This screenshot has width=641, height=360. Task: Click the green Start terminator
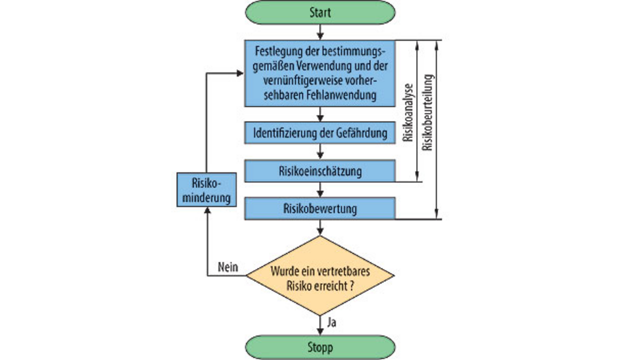click(320, 12)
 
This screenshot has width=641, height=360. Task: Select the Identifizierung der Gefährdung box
click(320, 133)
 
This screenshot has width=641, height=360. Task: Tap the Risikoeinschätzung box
click(320, 171)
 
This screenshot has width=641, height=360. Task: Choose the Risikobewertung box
click(320, 208)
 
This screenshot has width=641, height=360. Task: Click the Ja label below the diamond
click(332, 322)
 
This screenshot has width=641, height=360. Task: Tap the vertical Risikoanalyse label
click(409, 111)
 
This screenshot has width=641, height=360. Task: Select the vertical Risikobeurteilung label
click(427, 113)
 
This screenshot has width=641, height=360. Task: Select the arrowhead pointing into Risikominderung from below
click(207, 211)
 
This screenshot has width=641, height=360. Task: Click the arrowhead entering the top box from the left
click(240, 73)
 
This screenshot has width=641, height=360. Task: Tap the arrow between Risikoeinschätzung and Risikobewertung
click(320, 190)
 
